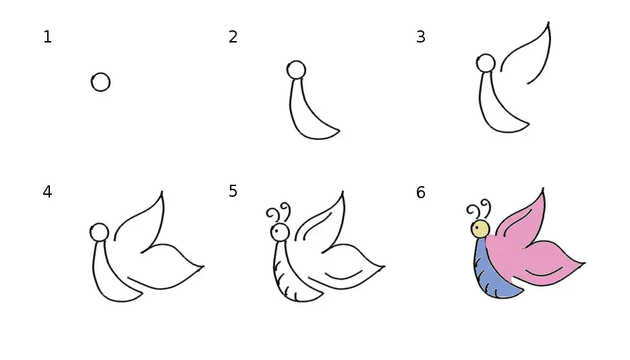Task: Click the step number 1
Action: tap(47, 37)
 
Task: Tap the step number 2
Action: tap(233, 37)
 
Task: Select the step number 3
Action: tap(421, 37)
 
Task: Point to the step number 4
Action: tap(47, 192)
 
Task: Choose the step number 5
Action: tap(233, 191)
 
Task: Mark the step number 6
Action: tap(421, 192)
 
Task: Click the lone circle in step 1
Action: tap(101, 82)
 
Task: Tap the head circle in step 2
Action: tap(296, 70)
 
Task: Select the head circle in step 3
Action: tap(486, 63)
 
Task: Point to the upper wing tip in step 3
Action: tap(549, 22)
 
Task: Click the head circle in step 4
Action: tap(99, 232)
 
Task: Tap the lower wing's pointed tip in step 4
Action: tap(203, 266)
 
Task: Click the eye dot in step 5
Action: tap(277, 231)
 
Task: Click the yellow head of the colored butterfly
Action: tap(480, 229)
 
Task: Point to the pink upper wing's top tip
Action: tap(543, 188)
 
